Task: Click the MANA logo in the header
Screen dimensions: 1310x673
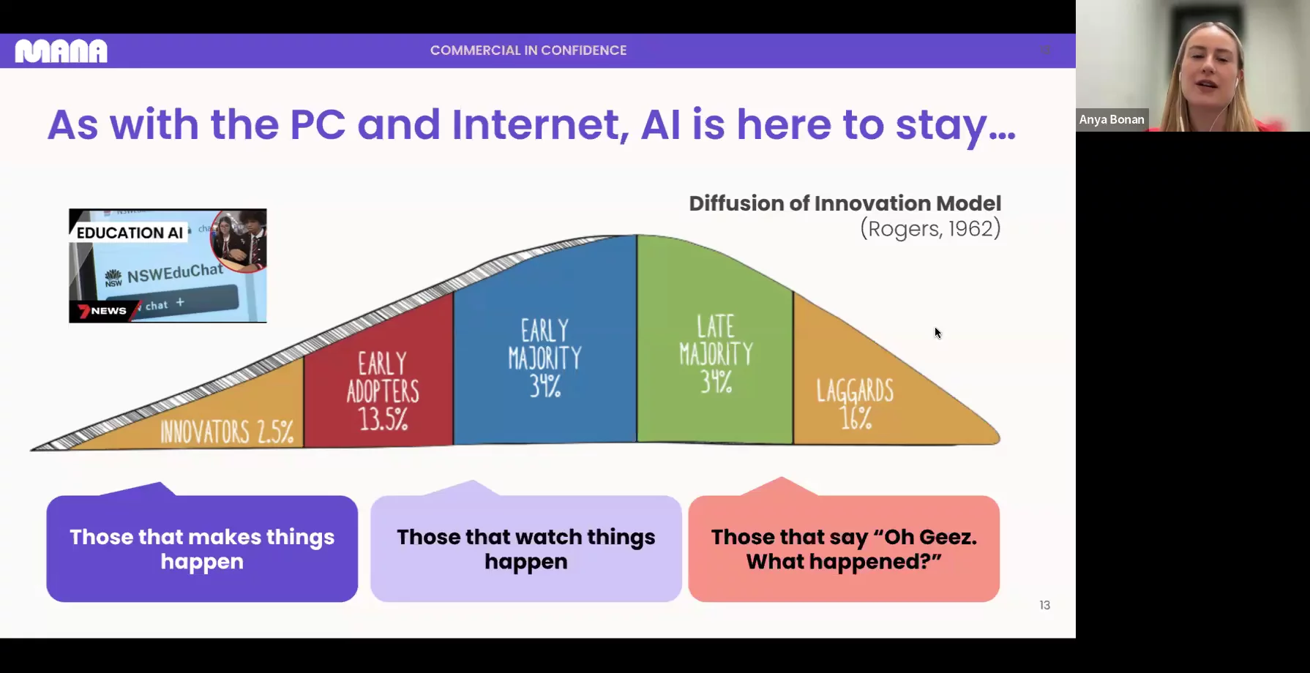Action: [x=61, y=50]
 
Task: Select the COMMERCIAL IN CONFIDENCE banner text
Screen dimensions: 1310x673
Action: [x=528, y=50]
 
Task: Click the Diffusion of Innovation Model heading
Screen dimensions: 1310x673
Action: [x=845, y=203]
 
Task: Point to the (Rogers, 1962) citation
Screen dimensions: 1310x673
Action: [x=930, y=229]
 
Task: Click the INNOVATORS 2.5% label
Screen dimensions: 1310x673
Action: [x=228, y=432]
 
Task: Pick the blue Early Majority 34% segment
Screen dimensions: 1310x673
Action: [x=545, y=344]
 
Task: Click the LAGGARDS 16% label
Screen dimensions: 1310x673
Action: [x=855, y=404]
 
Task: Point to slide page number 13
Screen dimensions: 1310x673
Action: [x=1045, y=605]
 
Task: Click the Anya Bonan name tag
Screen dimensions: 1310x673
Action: [x=1112, y=119]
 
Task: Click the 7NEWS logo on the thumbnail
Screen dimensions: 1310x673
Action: [x=102, y=311]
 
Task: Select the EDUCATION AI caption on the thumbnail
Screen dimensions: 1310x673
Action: [x=130, y=233]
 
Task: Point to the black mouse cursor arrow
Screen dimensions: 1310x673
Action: [x=937, y=333]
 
